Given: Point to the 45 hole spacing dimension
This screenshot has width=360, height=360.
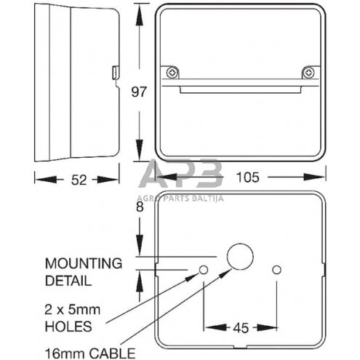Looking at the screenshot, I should pyautogui.click(x=240, y=327).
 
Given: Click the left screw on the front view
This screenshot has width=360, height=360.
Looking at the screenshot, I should pyautogui.click(x=172, y=72).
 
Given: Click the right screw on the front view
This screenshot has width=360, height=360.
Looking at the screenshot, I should pyautogui.click(x=309, y=72).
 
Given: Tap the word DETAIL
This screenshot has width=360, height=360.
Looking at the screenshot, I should pyautogui.click(x=68, y=279).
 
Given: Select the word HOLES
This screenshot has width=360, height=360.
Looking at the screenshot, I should pyautogui.click(x=68, y=326).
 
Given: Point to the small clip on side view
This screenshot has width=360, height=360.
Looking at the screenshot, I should pyautogui.click(x=116, y=72).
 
